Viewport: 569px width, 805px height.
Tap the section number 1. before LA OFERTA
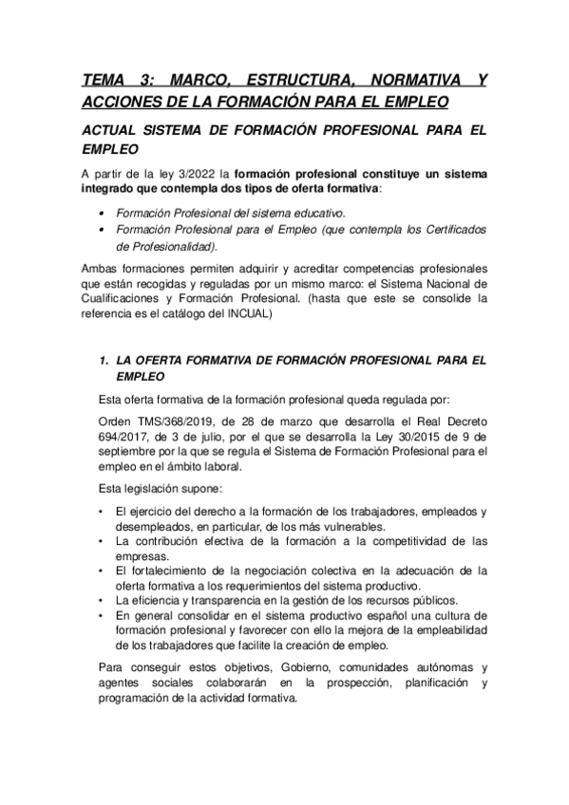coord(104,360)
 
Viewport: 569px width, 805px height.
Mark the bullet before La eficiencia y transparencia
coord(103,601)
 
